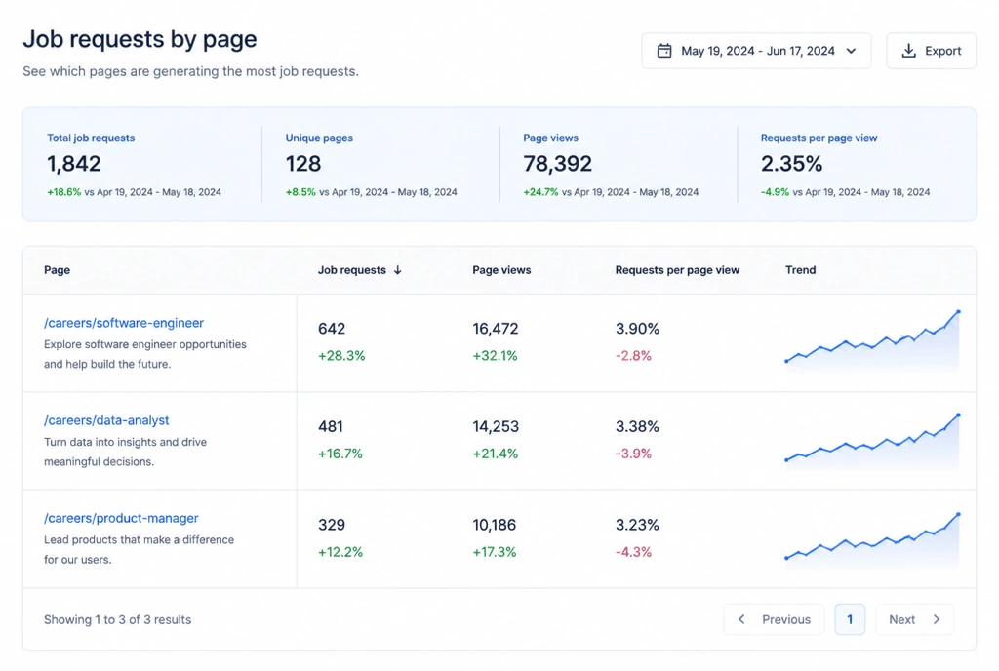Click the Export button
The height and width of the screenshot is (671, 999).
(931, 51)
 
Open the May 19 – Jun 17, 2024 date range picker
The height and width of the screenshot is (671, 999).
(756, 51)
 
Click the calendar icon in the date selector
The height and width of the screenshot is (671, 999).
(664, 51)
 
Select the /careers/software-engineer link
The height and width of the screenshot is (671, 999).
(124, 323)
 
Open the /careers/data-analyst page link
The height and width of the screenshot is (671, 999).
(106, 420)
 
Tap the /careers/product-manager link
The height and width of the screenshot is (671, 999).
(121, 518)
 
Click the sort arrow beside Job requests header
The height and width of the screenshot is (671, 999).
(398, 270)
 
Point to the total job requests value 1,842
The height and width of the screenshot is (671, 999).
(74, 164)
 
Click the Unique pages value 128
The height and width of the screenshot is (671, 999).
(303, 164)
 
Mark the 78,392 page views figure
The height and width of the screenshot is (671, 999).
(557, 164)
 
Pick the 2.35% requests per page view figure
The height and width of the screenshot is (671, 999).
(791, 164)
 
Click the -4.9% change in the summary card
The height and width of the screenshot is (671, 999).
(775, 191)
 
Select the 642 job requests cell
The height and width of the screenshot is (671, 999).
(332, 329)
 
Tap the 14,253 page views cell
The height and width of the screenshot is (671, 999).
(496, 426)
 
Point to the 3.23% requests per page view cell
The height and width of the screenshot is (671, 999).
(637, 525)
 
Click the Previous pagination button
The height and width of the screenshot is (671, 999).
(774, 619)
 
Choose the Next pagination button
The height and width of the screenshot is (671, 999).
(914, 619)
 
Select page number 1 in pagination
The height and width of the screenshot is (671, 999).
(850, 619)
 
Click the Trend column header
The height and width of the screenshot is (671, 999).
(800, 270)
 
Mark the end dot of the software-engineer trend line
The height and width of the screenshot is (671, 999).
(958, 312)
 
